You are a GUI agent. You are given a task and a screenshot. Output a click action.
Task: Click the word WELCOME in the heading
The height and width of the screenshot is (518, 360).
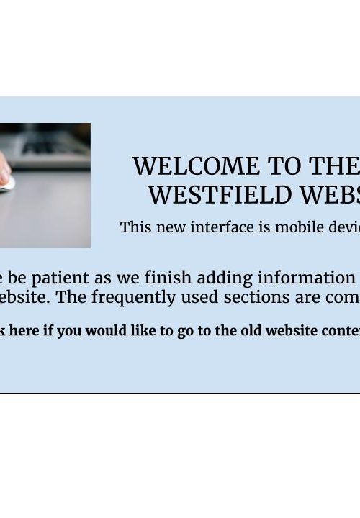click(x=197, y=166)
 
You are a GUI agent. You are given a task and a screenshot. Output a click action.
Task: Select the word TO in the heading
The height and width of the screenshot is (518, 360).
click(x=284, y=166)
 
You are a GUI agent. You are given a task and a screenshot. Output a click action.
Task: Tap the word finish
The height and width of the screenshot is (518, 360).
click(x=168, y=278)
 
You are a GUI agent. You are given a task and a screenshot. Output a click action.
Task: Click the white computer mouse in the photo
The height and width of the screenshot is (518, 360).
click(x=7, y=183)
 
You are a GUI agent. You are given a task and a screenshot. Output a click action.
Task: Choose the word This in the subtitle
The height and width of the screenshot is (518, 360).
click(x=136, y=227)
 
